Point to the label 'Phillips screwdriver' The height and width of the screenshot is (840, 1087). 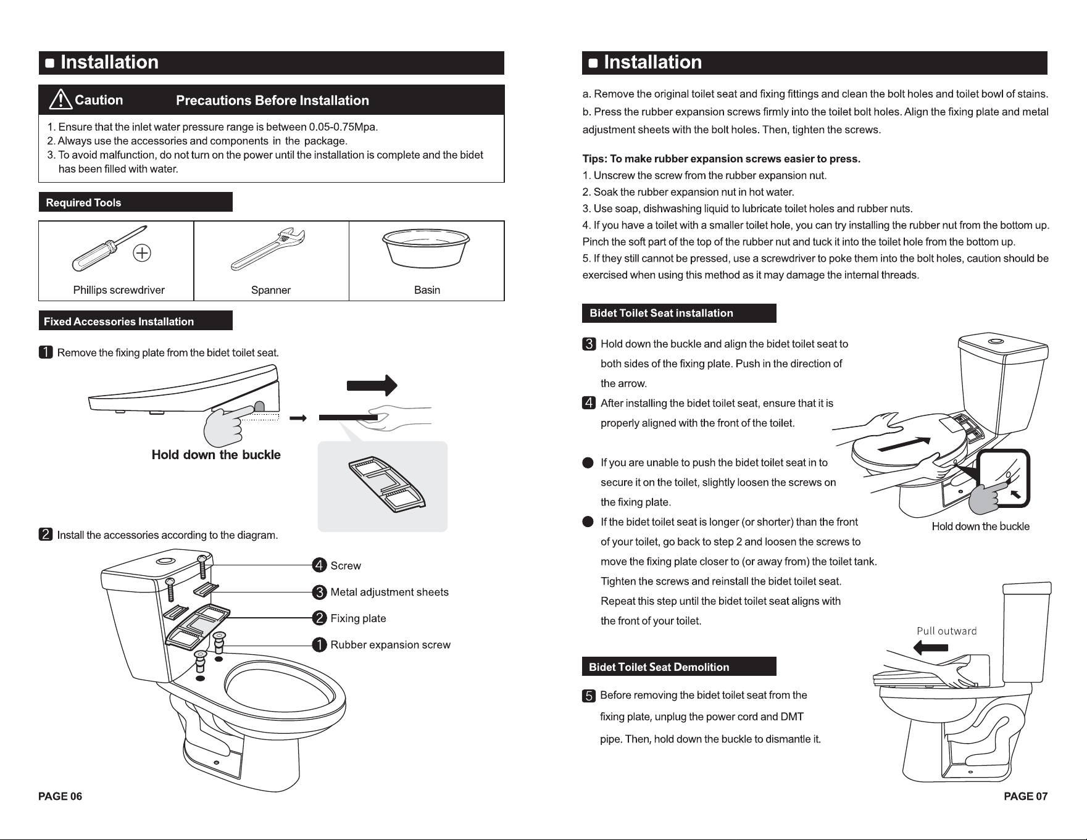119,290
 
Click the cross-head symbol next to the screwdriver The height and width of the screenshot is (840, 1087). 143,253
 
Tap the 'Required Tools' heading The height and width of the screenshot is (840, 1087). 83,203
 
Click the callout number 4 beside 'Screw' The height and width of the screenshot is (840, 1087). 319,565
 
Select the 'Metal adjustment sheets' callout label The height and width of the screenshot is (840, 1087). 389,593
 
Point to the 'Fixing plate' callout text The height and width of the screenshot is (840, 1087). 358,618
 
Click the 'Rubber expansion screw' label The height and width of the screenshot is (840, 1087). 390,645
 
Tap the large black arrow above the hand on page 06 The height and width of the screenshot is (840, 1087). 372,385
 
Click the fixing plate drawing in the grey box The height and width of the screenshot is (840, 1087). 388,485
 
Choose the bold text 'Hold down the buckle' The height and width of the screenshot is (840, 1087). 216,455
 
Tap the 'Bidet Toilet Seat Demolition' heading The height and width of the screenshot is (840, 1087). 659,667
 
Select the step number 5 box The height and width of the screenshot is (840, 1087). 589,696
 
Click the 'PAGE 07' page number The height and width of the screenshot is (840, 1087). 1026,796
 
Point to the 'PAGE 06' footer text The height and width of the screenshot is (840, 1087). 60,796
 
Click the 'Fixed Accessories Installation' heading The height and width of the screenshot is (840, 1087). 119,322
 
